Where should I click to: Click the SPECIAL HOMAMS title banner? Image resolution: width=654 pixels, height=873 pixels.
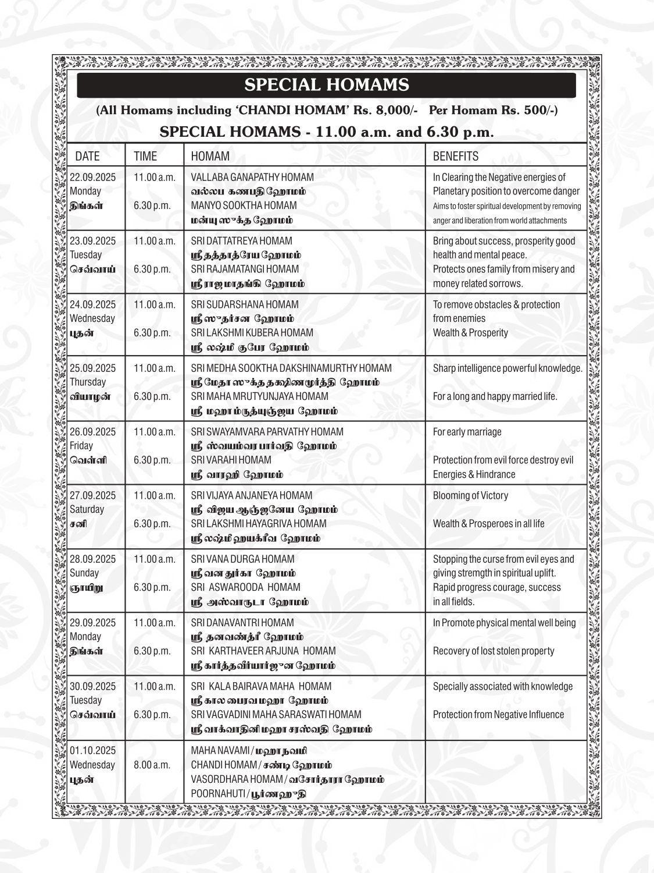326,85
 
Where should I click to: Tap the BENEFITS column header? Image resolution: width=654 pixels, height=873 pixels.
455,156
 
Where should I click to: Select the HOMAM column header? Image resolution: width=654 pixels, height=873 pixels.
210,156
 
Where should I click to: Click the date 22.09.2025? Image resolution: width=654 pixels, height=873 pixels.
92,177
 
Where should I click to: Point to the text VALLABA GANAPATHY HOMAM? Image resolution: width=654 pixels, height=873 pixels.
252,177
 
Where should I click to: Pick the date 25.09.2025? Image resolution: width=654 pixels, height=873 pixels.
92,368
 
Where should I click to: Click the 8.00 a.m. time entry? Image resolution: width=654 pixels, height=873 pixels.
152,765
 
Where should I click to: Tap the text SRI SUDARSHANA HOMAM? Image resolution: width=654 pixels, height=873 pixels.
245,304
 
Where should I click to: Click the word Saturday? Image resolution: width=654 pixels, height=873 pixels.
87,509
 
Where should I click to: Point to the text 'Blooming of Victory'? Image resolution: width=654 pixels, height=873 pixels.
470,495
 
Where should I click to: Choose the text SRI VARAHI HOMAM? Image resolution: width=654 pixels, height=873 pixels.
231,460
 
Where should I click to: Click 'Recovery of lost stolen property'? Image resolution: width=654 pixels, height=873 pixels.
494,651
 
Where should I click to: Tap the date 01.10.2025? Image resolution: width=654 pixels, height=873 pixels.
92,750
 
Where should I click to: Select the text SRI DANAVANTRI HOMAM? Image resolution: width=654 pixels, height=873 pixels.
242,622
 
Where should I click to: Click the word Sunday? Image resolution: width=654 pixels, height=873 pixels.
84,573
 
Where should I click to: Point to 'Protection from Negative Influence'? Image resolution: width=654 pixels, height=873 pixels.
498,714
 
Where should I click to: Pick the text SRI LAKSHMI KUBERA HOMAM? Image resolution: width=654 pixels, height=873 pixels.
252,333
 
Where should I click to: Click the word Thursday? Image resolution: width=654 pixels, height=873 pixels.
88,382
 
